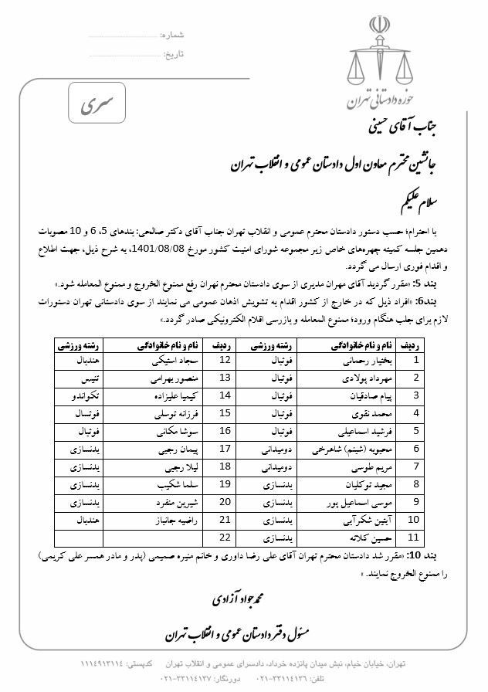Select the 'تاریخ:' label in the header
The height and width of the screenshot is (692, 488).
[174, 54]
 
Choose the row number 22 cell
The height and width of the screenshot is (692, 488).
[225, 538]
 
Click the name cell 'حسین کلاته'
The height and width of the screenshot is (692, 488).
[356, 538]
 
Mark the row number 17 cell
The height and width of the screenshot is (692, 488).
[225, 449]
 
